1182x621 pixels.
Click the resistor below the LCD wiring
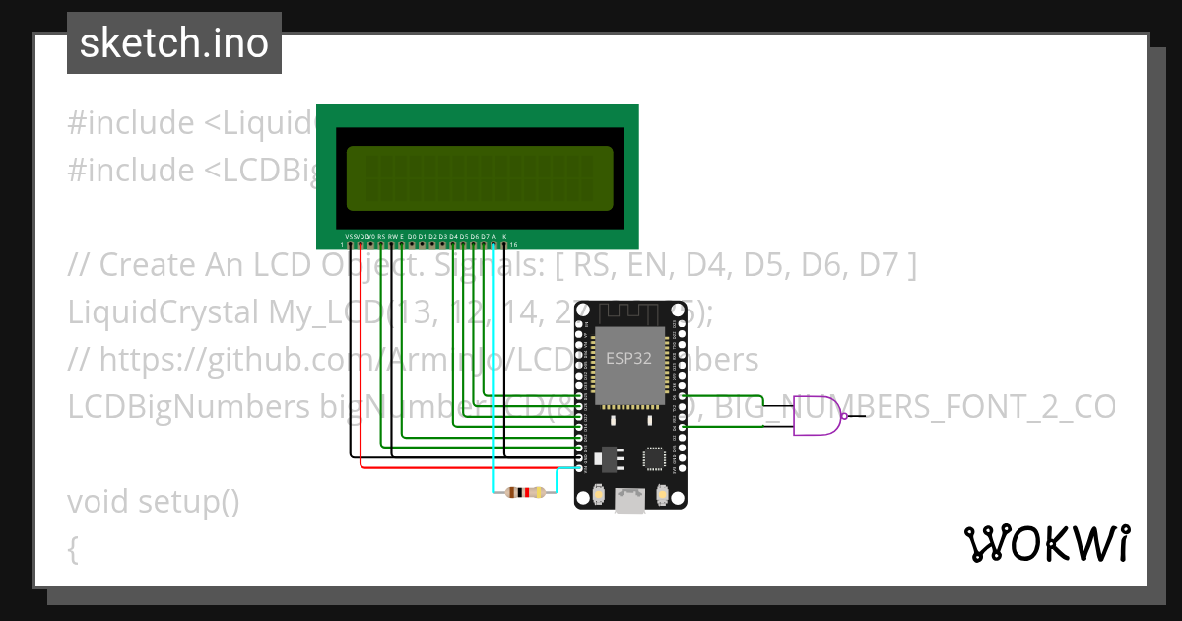(x=524, y=493)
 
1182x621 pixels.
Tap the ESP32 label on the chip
(x=628, y=359)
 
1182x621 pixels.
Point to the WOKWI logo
(x=1046, y=543)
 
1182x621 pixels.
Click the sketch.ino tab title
(x=174, y=44)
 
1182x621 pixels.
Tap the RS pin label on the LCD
(x=381, y=237)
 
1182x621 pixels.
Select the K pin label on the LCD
(x=504, y=237)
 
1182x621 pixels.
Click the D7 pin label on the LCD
(x=484, y=237)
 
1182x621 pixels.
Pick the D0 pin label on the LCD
(x=412, y=237)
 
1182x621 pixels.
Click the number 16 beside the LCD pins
(x=514, y=244)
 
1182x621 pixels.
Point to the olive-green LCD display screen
(x=480, y=178)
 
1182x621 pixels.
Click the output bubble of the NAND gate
(x=849, y=416)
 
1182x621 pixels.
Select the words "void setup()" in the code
(x=153, y=502)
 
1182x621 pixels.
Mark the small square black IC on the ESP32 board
(x=653, y=458)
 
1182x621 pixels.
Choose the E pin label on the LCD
(x=402, y=237)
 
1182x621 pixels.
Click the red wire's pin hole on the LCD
(x=361, y=243)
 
